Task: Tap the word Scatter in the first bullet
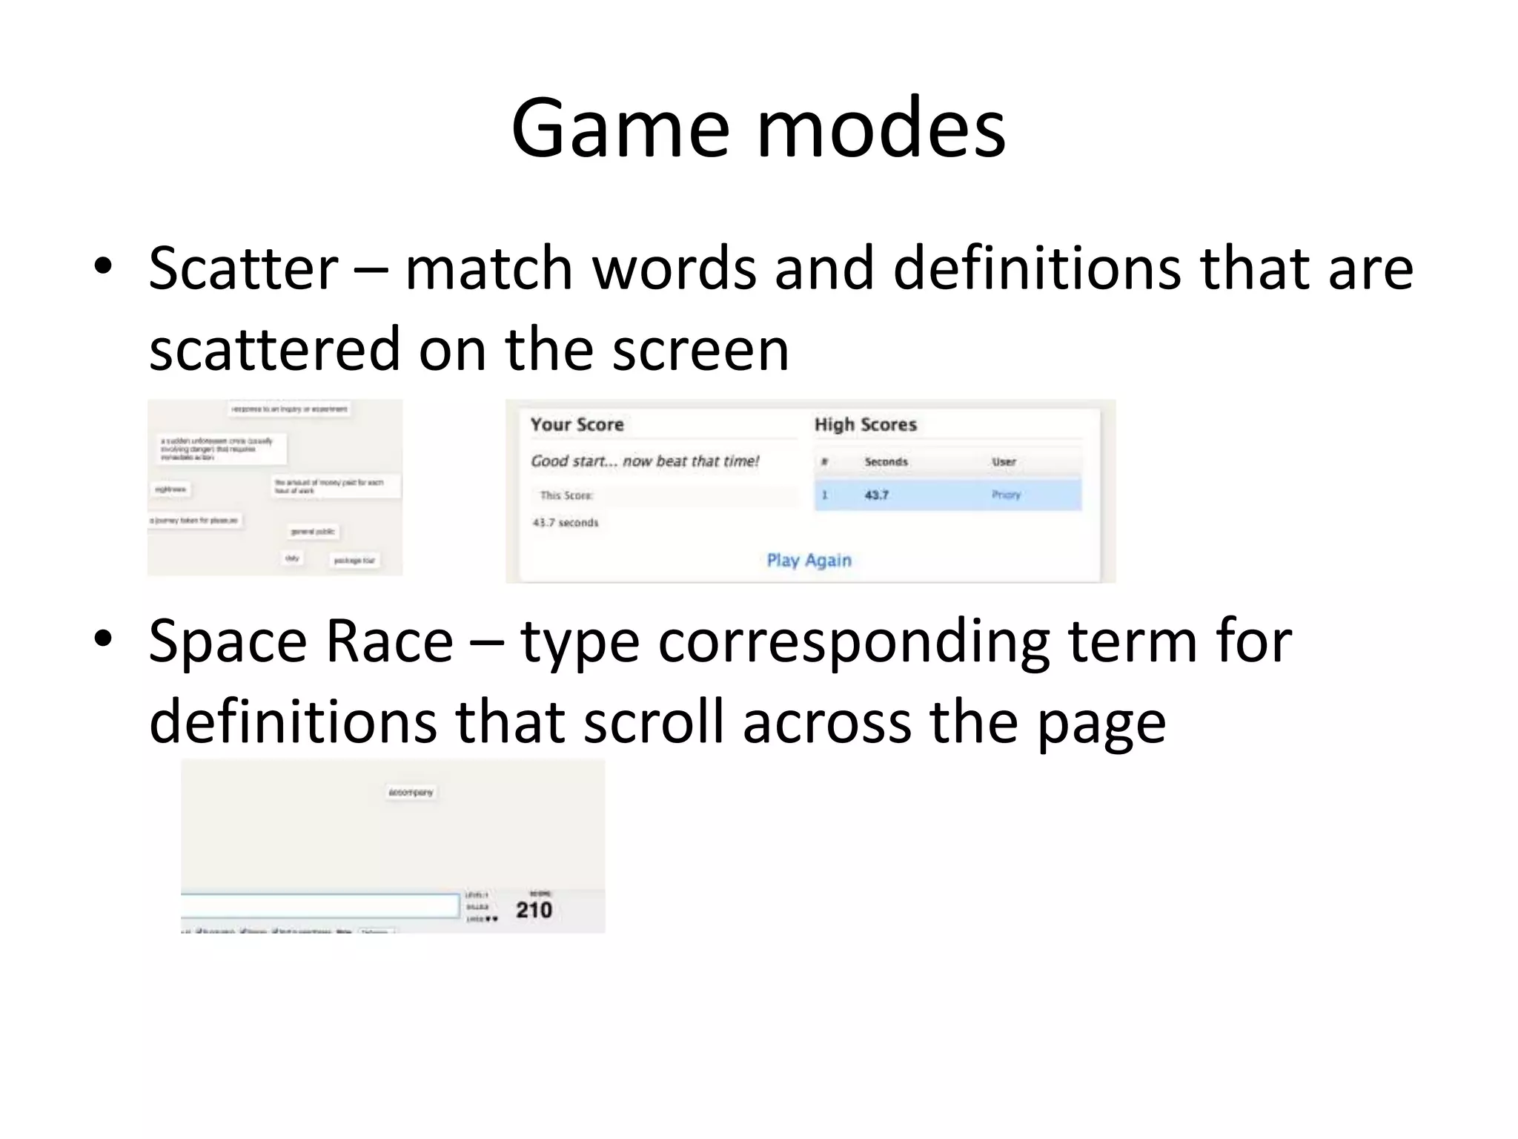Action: click(x=243, y=268)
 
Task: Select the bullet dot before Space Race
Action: click(x=103, y=638)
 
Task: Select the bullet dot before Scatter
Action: click(x=103, y=266)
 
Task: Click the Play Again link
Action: click(x=809, y=560)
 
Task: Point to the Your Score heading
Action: click(x=577, y=424)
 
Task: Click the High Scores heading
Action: click(x=865, y=424)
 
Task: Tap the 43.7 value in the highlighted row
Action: click(x=876, y=495)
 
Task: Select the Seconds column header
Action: click(x=886, y=461)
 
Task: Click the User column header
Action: click(x=1004, y=461)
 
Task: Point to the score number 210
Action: click(x=534, y=910)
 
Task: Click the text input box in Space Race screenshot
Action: click(x=319, y=905)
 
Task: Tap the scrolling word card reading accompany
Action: click(x=411, y=792)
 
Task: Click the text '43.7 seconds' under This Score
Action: click(x=565, y=523)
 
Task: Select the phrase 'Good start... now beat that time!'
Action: click(x=645, y=460)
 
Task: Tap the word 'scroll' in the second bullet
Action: click(x=653, y=722)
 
